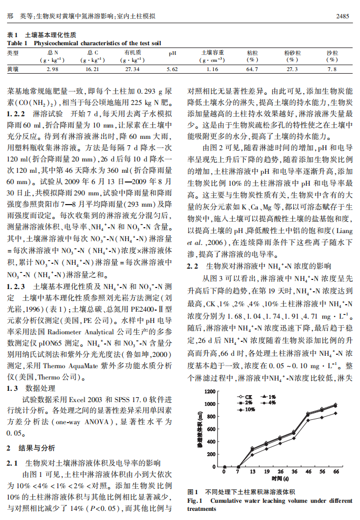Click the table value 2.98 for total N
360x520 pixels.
tap(53, 69)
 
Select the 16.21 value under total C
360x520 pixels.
tap(93, 69)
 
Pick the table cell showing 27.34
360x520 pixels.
tap(132, 69)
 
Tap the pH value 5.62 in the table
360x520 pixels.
tap(172, 69)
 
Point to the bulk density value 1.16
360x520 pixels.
tap(212, 69)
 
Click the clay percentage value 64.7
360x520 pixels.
tap(252, 69)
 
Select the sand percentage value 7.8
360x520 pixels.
tap(331, 69)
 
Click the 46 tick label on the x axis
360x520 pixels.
tap(308, 472)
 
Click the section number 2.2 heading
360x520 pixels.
tap(192, 266)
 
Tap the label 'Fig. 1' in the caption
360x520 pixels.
tap(194, 501)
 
